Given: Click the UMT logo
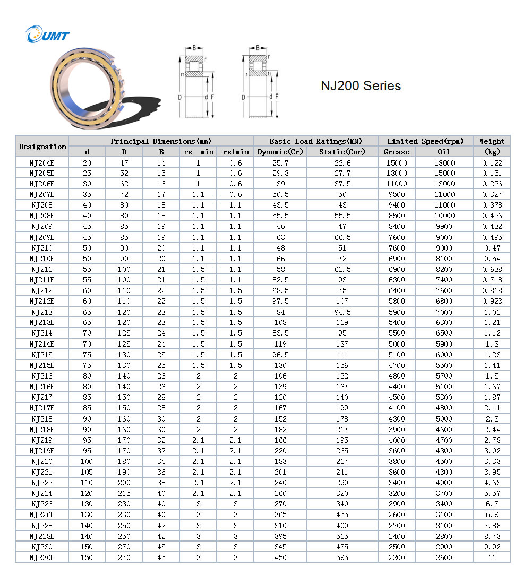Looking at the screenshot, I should (47, 36).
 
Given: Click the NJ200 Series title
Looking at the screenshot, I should (361, 85).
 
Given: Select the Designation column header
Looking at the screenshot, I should (42, 147).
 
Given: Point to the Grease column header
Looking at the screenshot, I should (397, 152).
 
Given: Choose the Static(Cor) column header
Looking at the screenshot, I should (342, 152).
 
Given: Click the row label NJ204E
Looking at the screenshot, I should (42, 162).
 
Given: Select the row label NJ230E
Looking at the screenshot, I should (42, 557).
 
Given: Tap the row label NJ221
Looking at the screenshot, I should (42, 472).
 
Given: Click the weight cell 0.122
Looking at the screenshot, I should (492, 162).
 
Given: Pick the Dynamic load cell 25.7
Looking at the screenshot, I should (280, 162).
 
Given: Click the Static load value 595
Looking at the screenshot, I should (342, 557).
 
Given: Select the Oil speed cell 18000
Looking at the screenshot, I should (444, 162).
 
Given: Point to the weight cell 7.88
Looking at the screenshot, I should (492, 526).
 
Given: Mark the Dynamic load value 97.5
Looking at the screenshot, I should (280, 301).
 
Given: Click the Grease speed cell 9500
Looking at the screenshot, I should (397, 194).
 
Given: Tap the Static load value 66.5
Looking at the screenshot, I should (342, 237).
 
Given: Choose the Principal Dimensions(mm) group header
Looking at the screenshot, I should (161, 141).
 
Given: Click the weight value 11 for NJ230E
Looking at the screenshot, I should (492, 557).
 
